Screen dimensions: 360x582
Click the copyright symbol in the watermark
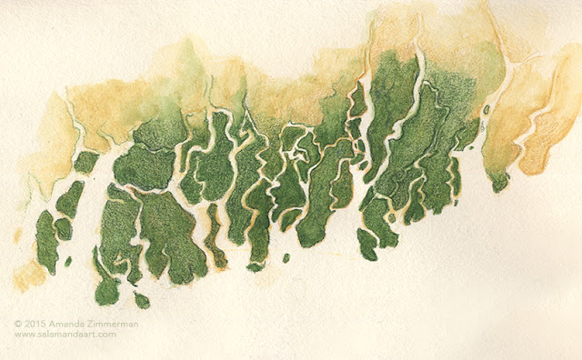pyautogui.click(x=17, y=323)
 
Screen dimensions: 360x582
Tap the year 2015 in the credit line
pyautogui.click(x=35, y=323)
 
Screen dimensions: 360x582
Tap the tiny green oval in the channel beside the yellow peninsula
pyautogui.click(x=487, y=110)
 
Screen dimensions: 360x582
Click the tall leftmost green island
pyautogui.click(x=46, y=242)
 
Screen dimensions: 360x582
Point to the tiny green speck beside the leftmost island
pyautogui.click(x=68, y=262)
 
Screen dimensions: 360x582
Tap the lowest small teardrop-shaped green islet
pyautogui.click(x=142, y=299)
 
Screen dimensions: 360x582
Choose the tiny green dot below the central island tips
pyautogui.click(x=286, y=258)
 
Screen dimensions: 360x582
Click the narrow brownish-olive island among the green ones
pyautogui.click(x=215, y=236)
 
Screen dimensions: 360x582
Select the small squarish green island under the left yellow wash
pyautogui.click(x=85, y=162)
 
